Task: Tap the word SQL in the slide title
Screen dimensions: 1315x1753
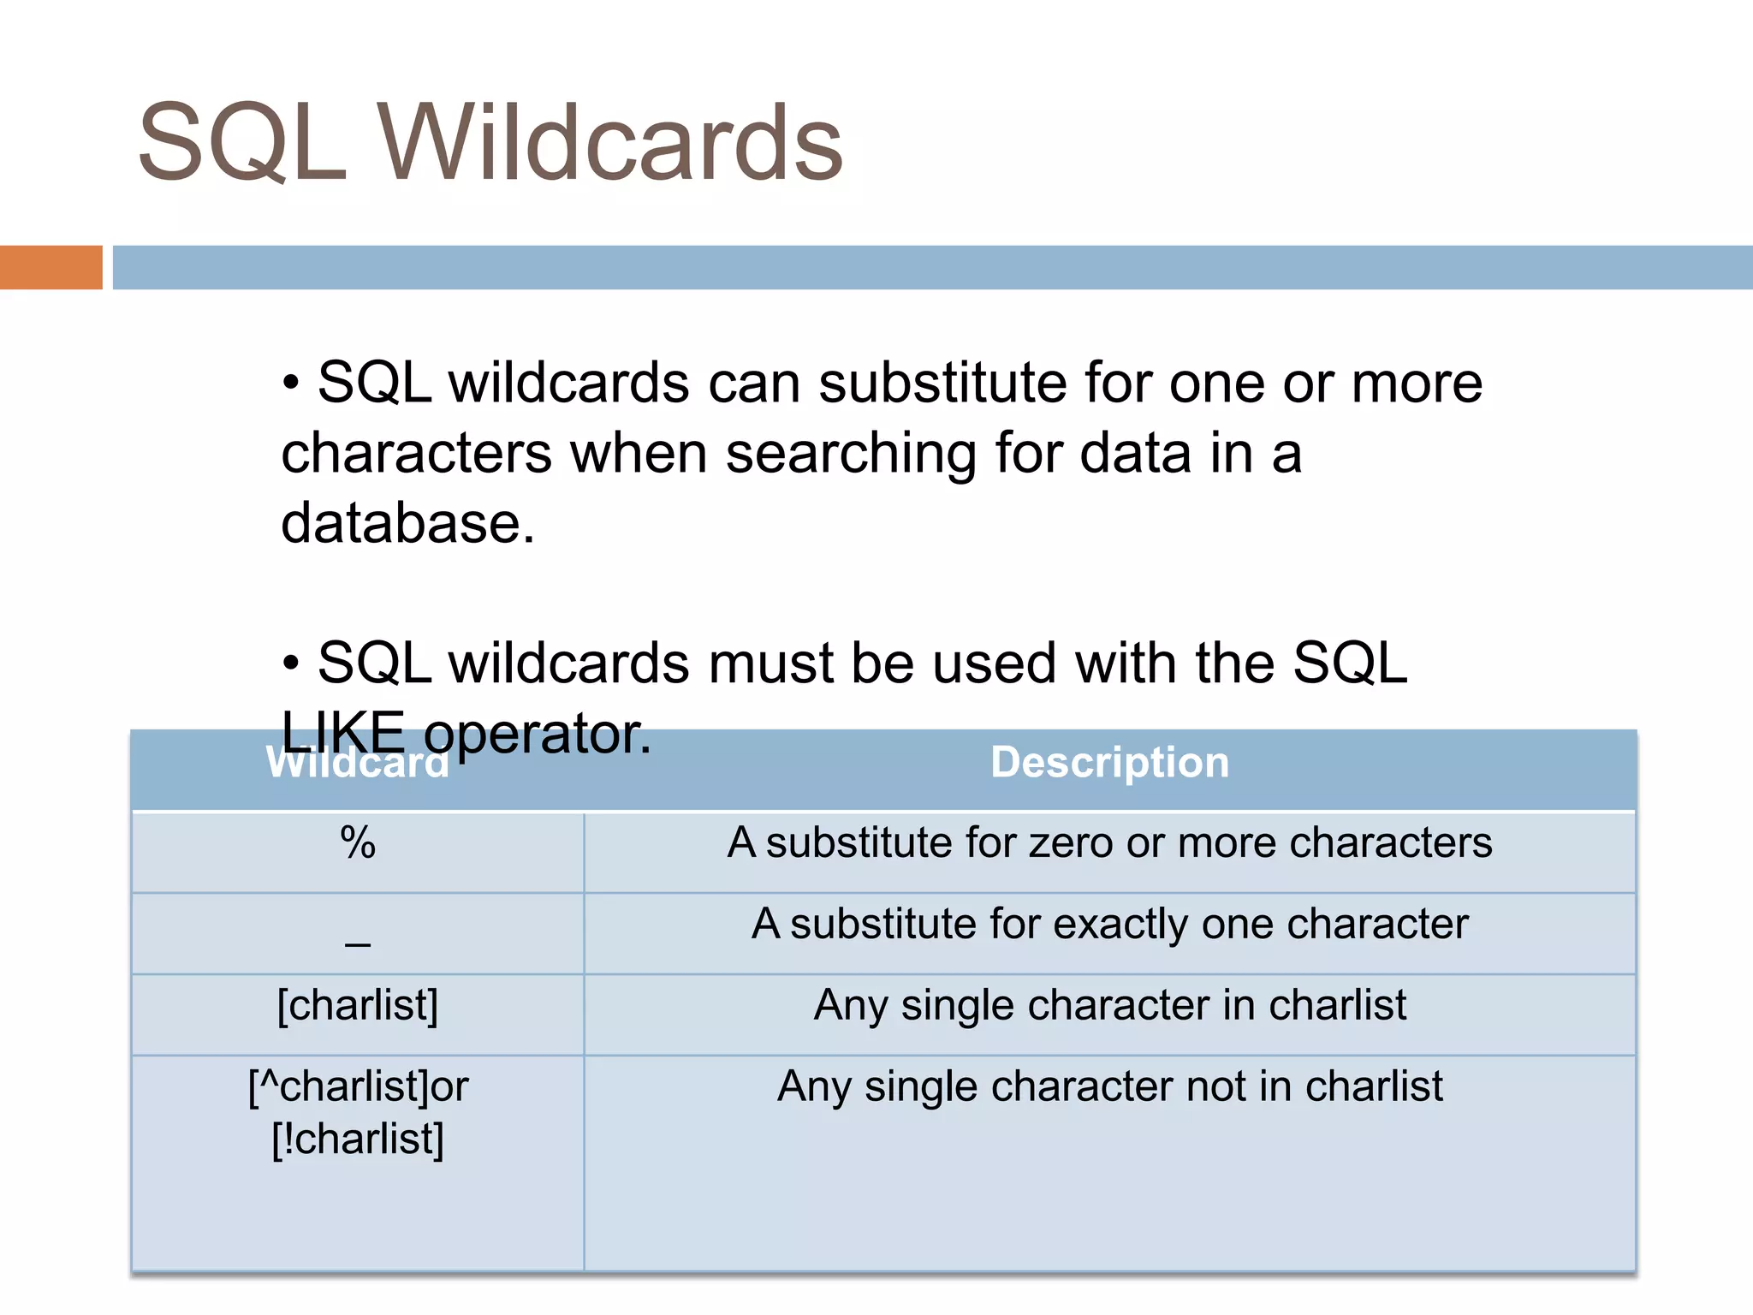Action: coord(242,144)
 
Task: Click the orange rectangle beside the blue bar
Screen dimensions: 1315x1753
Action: coord(51,267)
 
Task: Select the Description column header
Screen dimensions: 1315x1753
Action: coord(1109,762)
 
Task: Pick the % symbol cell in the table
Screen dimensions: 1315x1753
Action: coord(358,843)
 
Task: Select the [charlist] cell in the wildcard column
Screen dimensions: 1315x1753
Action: coord(358,1005)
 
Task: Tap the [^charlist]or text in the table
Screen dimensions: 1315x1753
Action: coord(358,1086)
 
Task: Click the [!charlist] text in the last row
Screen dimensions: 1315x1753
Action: coord(358,1139)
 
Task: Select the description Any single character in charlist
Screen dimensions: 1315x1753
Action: coord(1109,1005)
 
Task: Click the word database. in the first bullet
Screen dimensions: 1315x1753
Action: coord(407,523)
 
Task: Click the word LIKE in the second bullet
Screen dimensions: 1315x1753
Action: coord(342,734)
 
